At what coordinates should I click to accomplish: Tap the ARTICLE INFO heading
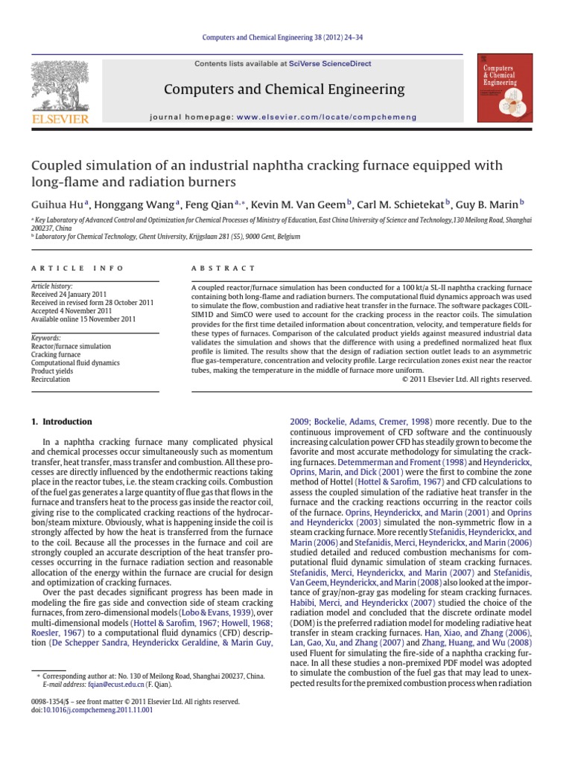point(66,268)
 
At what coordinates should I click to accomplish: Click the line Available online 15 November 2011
point(82,319)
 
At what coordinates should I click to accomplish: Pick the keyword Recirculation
point(51,380)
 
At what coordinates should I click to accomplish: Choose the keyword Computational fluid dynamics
point(75,363)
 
